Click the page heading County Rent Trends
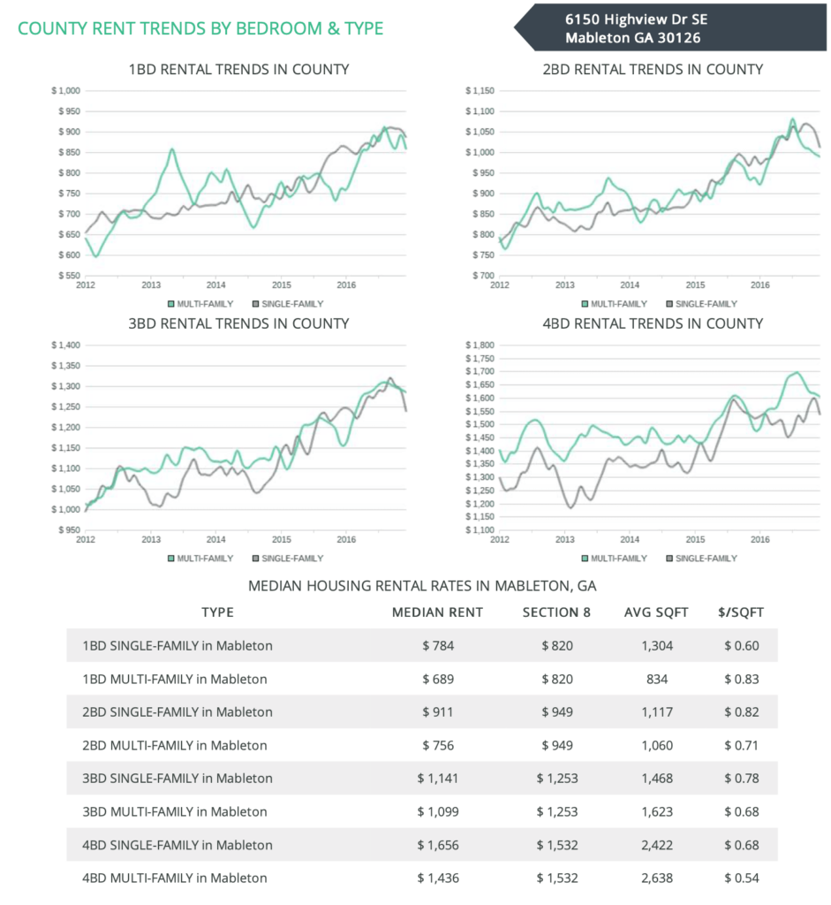[200, 28]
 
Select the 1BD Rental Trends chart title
[238, 69]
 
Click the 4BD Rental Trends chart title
[653, 323]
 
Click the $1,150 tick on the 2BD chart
[482, 90]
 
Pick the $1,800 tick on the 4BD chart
[482, 345]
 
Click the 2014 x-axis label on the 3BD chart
[215, 539]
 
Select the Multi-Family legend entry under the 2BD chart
[616, 303]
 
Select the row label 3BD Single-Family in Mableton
[177, 779]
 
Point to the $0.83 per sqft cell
[740, 679]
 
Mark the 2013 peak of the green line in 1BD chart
[171, 149]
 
